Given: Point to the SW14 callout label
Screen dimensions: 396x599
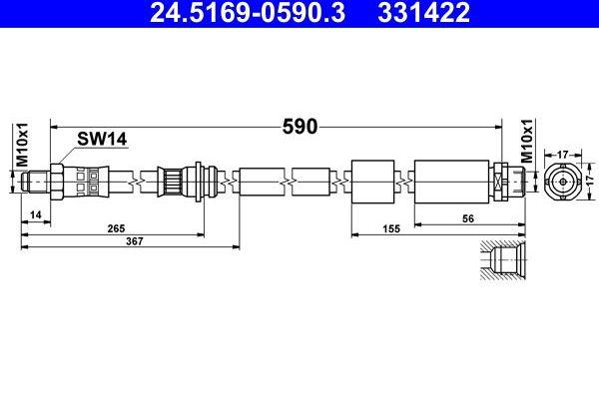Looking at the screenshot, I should coord(104,142).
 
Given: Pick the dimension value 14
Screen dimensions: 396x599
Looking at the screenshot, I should coord(35,214).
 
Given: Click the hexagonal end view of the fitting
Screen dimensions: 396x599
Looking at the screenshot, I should coord(561,183).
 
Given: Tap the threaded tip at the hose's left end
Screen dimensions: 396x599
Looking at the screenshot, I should coord(34,182).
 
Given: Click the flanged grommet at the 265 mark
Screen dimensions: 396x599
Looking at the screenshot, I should coord(204,182).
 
